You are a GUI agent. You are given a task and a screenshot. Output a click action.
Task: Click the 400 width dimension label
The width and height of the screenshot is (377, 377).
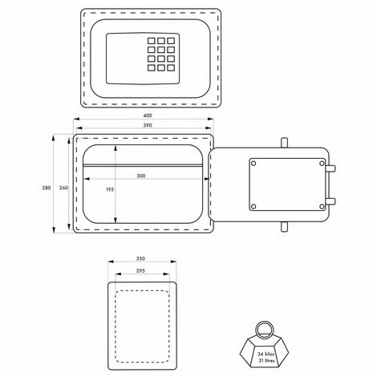148,116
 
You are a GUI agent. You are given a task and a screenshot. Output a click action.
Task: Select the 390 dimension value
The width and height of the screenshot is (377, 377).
148,125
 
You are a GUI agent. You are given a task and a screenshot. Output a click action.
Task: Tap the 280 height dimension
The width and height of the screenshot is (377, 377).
47,188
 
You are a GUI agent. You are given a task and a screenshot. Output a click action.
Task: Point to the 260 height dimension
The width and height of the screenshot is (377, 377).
63,188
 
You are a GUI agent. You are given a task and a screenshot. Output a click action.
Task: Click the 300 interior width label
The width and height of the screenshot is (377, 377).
141,176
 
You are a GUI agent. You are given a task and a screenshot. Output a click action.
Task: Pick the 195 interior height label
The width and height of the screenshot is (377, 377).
110,189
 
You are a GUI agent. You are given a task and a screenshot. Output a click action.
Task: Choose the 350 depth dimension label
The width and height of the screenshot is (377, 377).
140,258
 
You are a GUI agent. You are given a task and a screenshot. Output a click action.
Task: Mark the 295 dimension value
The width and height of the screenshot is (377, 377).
140,270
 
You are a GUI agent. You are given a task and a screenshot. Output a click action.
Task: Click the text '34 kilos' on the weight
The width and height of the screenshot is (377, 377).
266,354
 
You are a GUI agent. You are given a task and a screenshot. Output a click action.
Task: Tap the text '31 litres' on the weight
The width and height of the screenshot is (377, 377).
266,360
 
